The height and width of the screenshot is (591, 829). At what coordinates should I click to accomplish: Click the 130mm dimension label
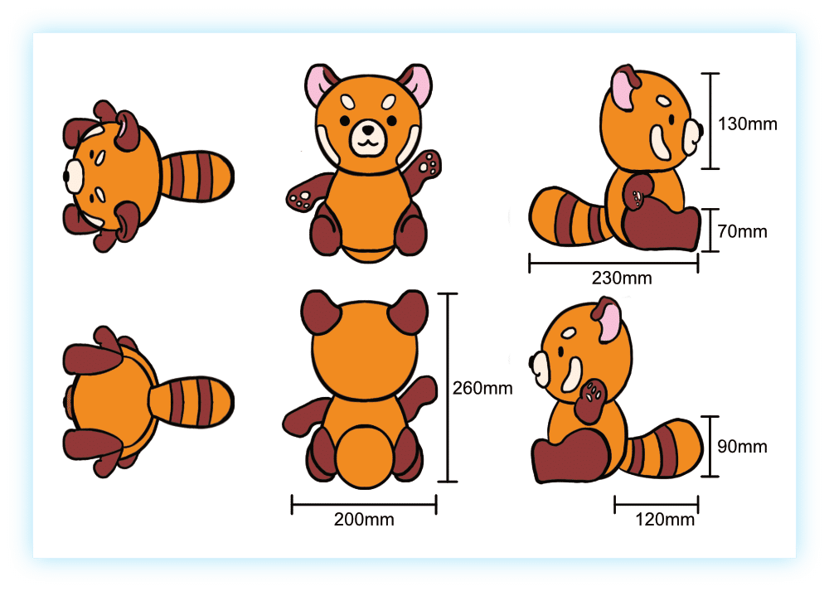click(747, 124)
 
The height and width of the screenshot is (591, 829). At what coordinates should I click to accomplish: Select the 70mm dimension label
click(742, 231)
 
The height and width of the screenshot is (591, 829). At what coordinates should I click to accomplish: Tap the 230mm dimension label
click(622, 278)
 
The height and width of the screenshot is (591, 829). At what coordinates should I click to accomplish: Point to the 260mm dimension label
click(482, 388)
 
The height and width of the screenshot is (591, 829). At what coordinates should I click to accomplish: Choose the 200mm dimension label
click(364, 519)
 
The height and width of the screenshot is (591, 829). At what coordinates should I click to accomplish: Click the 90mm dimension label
click(742, 446)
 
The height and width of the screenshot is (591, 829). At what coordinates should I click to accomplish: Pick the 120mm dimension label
click(665, 519)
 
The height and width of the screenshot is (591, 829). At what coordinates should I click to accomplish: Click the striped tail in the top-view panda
click(196, 176)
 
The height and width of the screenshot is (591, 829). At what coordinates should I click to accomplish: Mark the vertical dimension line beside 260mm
click(448, 387)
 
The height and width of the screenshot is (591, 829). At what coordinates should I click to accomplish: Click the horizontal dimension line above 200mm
click(364, 504)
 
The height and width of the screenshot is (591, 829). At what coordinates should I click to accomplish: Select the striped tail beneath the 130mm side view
click(569, 216)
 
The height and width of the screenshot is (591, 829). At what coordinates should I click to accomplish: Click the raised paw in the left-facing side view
click(592, 400)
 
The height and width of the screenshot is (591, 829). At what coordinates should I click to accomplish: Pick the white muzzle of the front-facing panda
click(369, 138)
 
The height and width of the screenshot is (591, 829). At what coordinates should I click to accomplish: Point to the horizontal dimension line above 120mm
click(656, 504)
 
